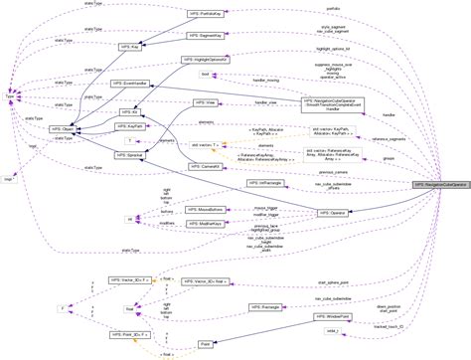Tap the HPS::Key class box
point(128,47)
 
